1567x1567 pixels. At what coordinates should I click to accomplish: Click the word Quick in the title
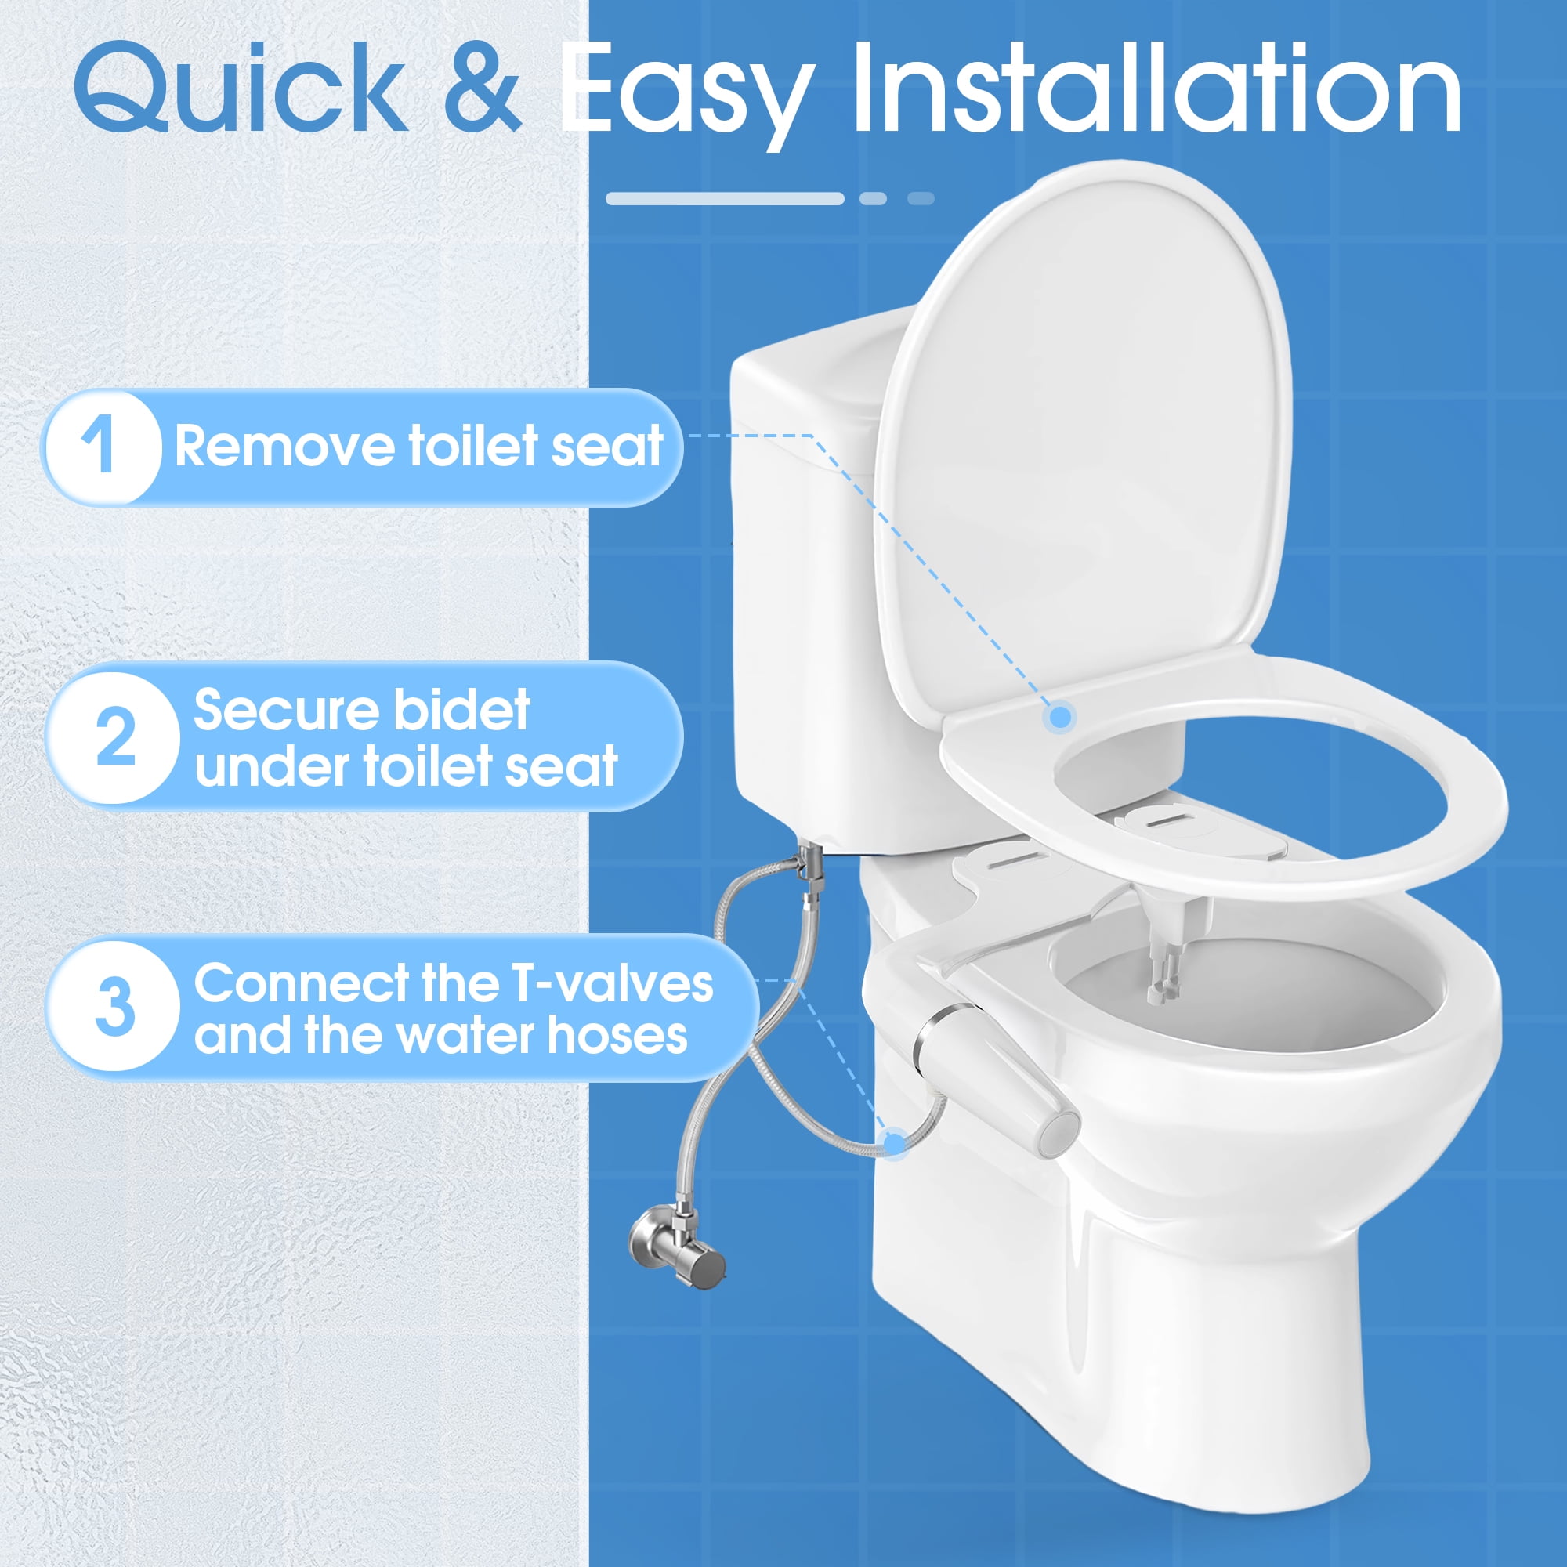point(241,88)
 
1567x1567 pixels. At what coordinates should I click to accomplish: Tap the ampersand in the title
point(482,88)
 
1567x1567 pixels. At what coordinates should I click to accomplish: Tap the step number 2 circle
point(114,737)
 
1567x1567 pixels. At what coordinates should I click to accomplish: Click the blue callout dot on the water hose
point(894,1145)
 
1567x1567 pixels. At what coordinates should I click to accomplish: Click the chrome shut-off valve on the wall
point(678,1253)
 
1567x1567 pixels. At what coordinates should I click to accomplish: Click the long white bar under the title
point(725,199)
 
